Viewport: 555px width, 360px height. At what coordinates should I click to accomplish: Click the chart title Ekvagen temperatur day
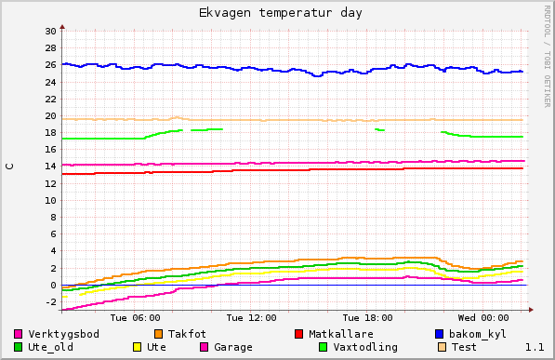pyautogui.click(x=281, y=13)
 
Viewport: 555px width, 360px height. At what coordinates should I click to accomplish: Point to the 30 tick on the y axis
pyautogui.click(x=50, y=32)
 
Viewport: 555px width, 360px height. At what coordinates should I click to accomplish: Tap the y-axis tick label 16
pyautogui.click(x=50, y=150)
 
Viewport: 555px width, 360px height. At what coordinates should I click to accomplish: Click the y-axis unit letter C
pyautogui.click(x=10, y=167)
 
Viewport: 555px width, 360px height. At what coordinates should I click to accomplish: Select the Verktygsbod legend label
pyautogui.click(x=63, y=334)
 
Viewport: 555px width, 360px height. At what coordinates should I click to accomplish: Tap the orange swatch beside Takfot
pyautogui.click(x=159, y=334)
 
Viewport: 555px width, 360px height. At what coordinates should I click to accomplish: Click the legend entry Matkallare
pyautogui.click(x=341, y=334)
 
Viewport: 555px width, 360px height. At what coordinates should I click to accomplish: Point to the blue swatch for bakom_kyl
pyautogui.click(x=440, y=334)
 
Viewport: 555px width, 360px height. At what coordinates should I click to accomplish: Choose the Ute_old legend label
pyautogui.click(x=50, y=347)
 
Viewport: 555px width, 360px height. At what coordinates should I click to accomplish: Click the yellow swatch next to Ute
pyautogui.click(x=137, y=347)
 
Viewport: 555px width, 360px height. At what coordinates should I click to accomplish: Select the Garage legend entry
pyautogui.click(x=233, y=347)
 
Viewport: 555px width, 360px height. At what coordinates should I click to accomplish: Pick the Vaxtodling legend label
pyautogui.click(x=365, y=347)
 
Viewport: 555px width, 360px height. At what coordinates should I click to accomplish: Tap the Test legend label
pyautogui.click(x=464, y=347)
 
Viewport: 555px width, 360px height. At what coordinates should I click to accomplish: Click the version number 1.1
pyautogui.click(x=535, y=347)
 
